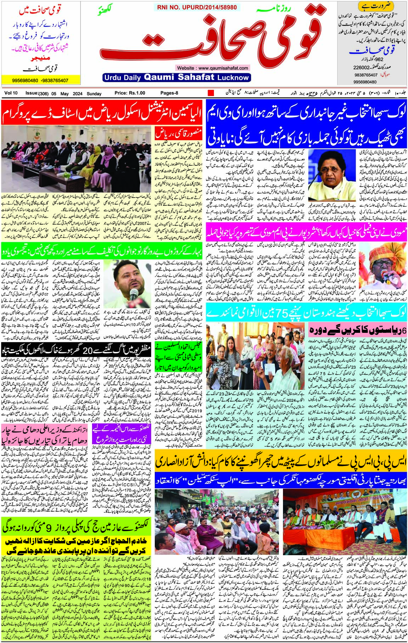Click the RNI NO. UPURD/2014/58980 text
tap(197, 7)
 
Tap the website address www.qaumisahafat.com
tap(212, 68)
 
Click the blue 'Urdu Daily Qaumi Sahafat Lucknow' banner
tap(176, 77)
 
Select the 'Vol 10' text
tap(11, 93)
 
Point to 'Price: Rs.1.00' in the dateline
tap(130, 93)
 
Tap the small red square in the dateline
tap(211, 93)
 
